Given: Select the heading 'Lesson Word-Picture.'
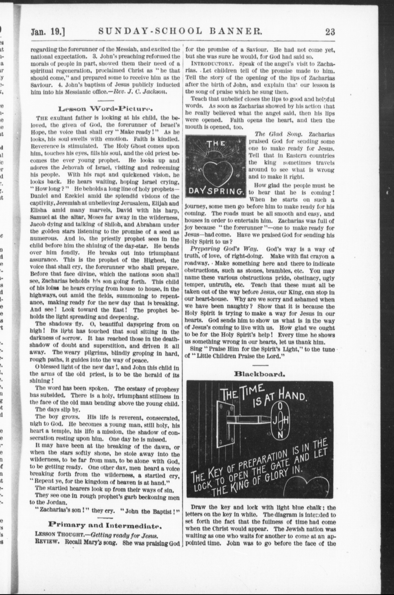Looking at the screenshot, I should [x=105, y=109].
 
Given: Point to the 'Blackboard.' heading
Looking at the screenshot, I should [x=259, y=374].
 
